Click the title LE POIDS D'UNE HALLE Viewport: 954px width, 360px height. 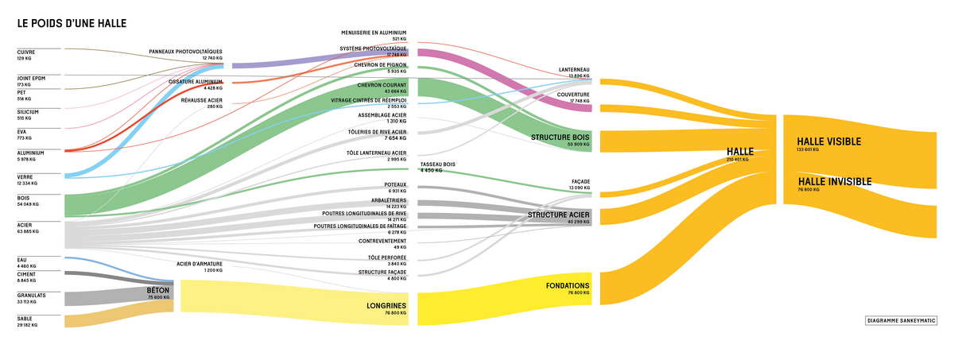tap(72, 25)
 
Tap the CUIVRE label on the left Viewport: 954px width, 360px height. tap(25, 52)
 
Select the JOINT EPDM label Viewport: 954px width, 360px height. tap(31, 78)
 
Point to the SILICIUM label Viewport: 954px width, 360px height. tap(28, 112)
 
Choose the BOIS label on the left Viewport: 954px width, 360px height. tap(25, 199)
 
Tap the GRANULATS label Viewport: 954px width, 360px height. tap(31, 296)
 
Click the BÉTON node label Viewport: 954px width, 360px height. tap(158, 292)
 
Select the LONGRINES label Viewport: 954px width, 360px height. tap(386, 305)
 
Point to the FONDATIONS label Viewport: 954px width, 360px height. tap(568, 285)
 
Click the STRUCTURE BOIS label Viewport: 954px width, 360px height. tap(560, 137)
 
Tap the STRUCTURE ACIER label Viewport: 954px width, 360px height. tap(559, 215)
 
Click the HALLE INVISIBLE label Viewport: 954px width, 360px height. tap(835, 181)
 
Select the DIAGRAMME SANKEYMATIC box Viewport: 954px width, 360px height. tap(900, 321)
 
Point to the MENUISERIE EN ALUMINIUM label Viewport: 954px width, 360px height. tap(374, 33)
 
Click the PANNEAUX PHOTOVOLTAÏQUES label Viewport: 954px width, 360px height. tap(186, 52)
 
